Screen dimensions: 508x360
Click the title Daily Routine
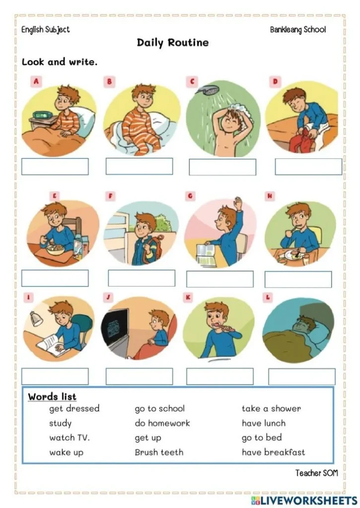tap(173, 43)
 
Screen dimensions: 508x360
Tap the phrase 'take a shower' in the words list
tap(271, 409)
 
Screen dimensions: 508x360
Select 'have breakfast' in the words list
tap(273, 452)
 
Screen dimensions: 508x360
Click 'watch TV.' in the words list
tap(69, 438)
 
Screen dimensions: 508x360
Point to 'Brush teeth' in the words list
tap(159, 452)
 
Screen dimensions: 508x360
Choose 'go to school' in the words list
tap(159, 409)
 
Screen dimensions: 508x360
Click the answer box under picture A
tap(55, 167)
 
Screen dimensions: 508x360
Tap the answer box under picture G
tap(219, 279)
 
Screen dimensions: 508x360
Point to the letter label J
tap(110, 298)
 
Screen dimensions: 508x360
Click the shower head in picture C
tap(205, 91)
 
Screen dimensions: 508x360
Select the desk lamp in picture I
tap(36, 317)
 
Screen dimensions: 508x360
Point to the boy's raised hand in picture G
tap(238, 203)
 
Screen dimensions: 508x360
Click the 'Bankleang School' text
tap(298, 30)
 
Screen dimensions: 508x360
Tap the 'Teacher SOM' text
tap(316, 473)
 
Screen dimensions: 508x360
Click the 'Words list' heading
tap(52, 396)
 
